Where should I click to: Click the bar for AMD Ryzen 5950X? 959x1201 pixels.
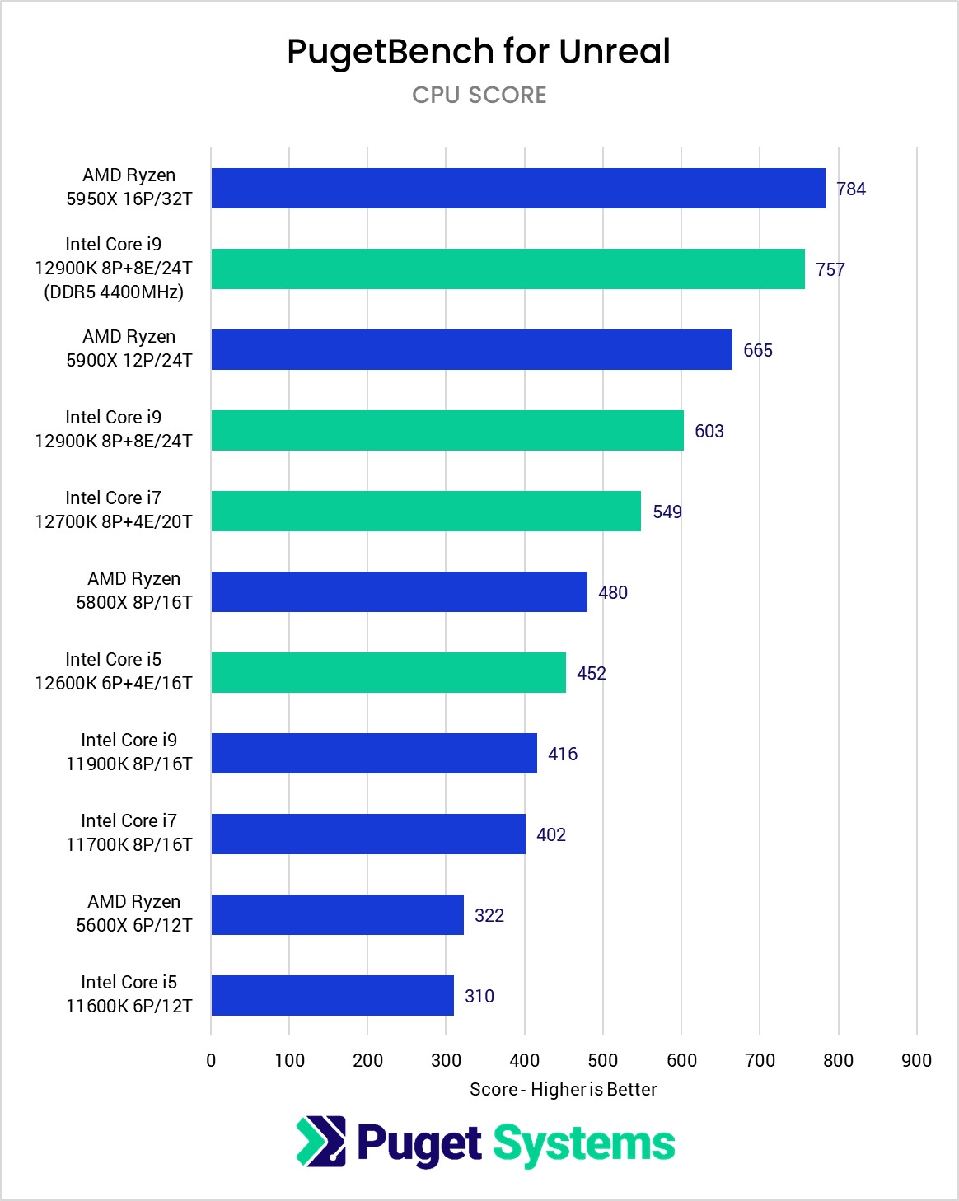pyautogui.click(x=517, y=188)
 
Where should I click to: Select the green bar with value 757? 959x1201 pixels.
pyautogui.click(x=508, y=269)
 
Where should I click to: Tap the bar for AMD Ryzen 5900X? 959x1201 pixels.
pyautogui.click(x=471, y=349)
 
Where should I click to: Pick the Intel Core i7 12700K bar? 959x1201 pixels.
pyautogui.click(x=426, y=511)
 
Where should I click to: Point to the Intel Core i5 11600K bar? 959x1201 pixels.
pyautogui.click(x=332, y=995)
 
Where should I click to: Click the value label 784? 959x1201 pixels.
pyautogui.click(x=851, y=189)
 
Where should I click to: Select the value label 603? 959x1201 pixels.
pyautogui.click(x=709, y=431)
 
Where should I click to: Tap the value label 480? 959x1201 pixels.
pyautogui.click(x=613, y=592)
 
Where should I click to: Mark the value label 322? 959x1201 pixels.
pyautogui.click(x=489, y=915)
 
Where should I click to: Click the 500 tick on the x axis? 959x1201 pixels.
pyautogui.click(x=603, y=1060)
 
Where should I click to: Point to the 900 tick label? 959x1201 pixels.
pyautogui.click(x=917, y=1060)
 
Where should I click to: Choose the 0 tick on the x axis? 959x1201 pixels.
pyautogui.click(x=211, y=1060)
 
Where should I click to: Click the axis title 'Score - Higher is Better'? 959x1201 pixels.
pyautogui.click(x=564, y=1089)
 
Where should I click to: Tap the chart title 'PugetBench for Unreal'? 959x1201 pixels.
pyautogui.click(x=479, y=51)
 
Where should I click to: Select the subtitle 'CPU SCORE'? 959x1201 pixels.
pyautogui.click(x=479, y=95)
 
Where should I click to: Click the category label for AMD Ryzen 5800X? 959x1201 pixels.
pyautogui.click(x=133, y=591)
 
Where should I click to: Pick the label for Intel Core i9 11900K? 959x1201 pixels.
pyautogui.click(x=129, y=752)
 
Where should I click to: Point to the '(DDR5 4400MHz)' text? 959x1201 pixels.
pyautogui.click(x=114, y=292)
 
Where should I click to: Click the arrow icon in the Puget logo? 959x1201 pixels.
pyautogui.click(x=321, y=1142)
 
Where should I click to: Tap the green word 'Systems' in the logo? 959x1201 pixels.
pyautogui.click(x=584, y=1144)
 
